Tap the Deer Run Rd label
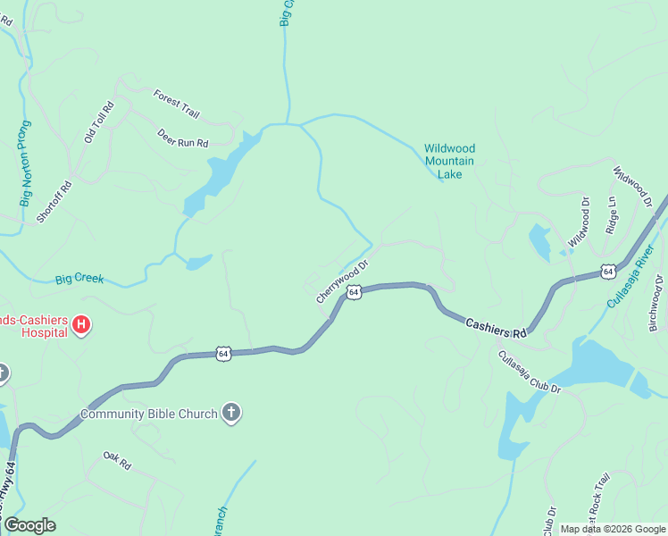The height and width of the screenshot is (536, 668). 182,138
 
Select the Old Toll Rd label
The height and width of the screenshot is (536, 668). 96,122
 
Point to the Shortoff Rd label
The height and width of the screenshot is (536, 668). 54,197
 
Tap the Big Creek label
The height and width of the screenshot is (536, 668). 79,280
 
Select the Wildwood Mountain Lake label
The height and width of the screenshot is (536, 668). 449,161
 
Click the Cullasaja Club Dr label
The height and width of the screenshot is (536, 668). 528,371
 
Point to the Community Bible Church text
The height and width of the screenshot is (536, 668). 148,414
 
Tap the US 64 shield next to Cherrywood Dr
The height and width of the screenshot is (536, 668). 354,292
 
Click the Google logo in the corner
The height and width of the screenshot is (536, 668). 29,525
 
